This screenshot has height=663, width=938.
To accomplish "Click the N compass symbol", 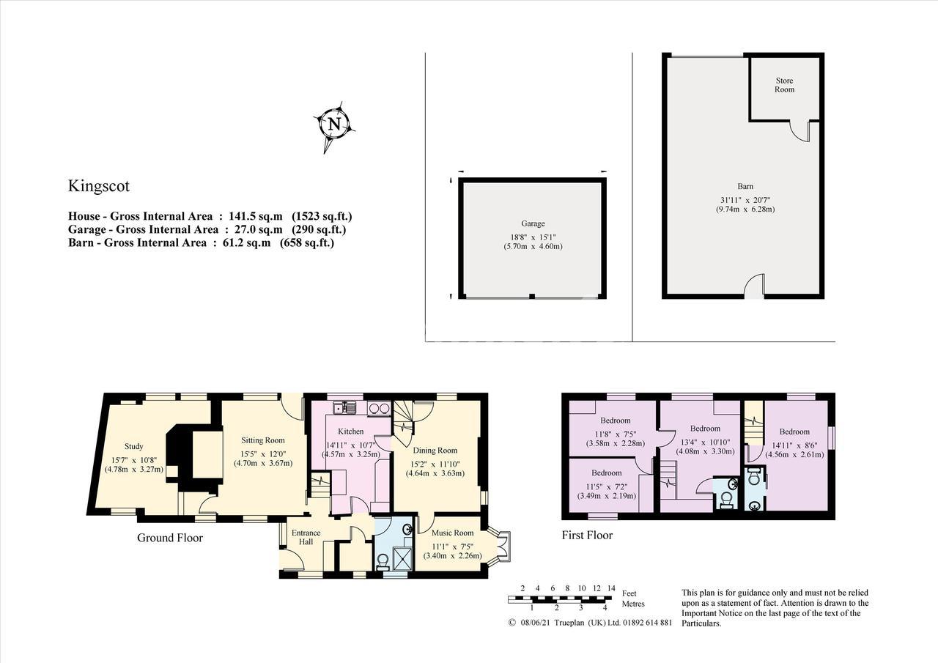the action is (x=335, y=125).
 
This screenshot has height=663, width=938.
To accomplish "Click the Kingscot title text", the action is (x=99, y=186).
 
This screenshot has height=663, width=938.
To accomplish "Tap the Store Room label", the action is (x=784, y=85).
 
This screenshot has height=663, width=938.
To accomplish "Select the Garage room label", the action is (x=533, y=223).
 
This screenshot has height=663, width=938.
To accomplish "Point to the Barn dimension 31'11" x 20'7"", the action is (x=745, y=200).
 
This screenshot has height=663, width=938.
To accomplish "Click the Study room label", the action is (x=133, y=446).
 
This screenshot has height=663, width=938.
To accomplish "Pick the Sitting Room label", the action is (x=263, y=440).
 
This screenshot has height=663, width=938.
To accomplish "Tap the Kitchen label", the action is (x=351, y=431).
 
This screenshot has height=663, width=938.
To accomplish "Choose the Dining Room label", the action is (x=435, y=451).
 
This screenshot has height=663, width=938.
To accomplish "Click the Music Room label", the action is (x=453, y=533).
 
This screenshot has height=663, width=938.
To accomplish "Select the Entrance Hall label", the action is (x=306, y=538).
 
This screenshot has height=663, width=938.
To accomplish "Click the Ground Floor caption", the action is (x=170, y=538).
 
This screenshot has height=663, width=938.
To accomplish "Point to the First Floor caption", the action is (x=587, y=536).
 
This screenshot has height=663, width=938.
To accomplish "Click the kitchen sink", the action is (x=344, y=407).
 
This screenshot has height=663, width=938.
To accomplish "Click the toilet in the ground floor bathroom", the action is (x=383, y=562).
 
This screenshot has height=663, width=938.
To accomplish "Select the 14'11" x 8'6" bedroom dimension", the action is (x=795, y=445).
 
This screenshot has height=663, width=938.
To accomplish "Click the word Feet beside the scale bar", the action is (x=629, y=593).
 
